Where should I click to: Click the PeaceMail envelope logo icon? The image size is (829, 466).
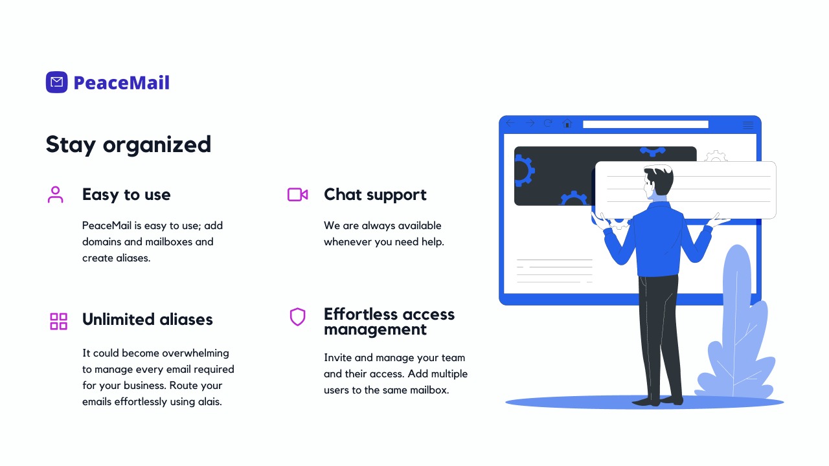tap(56, 82)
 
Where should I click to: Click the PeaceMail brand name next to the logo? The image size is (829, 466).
tap(122, 82)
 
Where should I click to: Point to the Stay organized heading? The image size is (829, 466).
tap(128, 144)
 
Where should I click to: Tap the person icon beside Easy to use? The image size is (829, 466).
tap(56, 195)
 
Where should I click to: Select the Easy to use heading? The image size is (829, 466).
tap(126, 195)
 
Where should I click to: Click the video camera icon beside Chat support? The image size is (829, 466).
tap(297, 195)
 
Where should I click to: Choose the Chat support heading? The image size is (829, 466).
tap(375, 195)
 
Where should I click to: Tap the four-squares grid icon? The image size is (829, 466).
tap(58, 321)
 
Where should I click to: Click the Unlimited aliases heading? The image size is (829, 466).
tap(147, 319)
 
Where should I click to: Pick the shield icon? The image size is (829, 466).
tap(297, 316)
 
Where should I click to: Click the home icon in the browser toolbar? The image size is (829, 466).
tap(567, 123)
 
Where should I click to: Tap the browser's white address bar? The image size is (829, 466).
tap(646, 124)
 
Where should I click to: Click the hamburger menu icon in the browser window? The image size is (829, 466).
tap(748, 125)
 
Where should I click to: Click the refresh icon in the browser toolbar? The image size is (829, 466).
tap(548, 123)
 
